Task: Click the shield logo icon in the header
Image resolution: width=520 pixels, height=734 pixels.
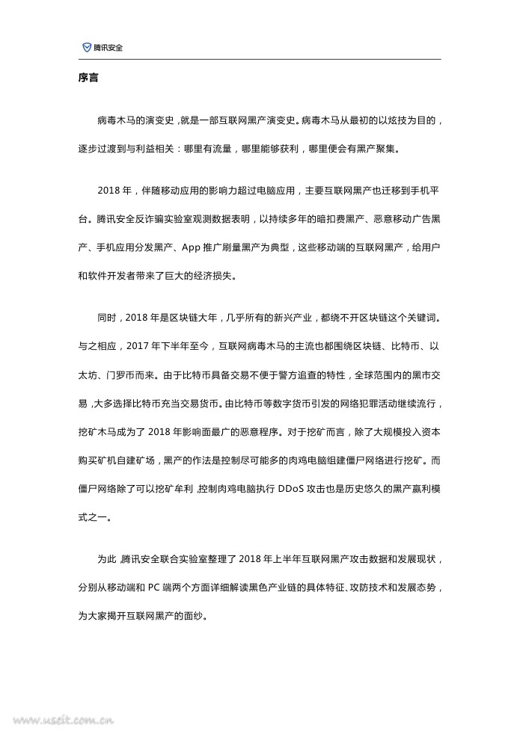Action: click(87, 47)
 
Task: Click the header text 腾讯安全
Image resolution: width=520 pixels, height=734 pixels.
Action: click(108, 47)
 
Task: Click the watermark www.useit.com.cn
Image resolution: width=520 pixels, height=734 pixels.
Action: click(56, 721)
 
